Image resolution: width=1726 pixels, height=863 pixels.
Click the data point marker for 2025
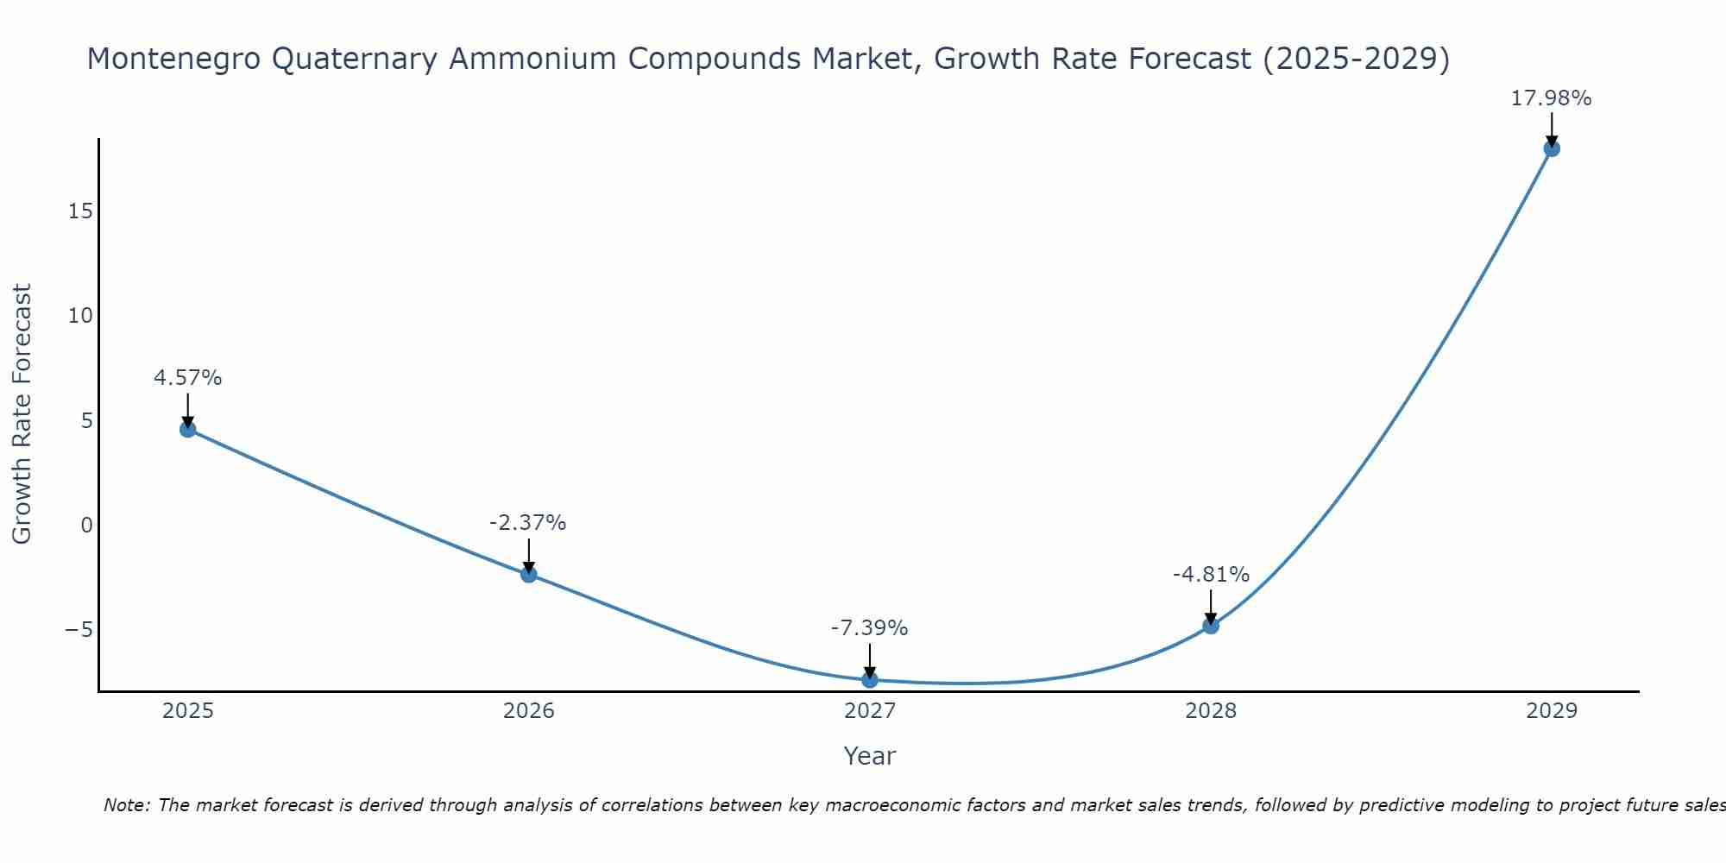pyautogui.click(x=188, y=429)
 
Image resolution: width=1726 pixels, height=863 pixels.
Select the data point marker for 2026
pyautogui.click(x=529, y=574)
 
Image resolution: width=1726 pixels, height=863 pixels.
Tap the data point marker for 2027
pyautogui.click(x=870, y=680)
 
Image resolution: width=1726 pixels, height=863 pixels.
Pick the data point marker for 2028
pyautogui.click(x=1211, y=626)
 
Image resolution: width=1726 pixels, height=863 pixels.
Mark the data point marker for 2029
pyautogui.click(x=1552, y=148)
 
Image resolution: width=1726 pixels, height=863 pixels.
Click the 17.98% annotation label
pyautogui.click(x=1551, y=98)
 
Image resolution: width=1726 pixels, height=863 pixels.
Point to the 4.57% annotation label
pyautogui.click(x=188, y=378)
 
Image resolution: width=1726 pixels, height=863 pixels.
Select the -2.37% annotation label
pyautogui.click(x=528, y=523)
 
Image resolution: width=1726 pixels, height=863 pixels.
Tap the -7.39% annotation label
pyautogui.click(x=869, y=628)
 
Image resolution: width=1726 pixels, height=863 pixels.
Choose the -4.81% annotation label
pyautogui.click(x=1211, y=575)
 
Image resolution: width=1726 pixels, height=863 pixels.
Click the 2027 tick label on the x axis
pyautogui.click(x=870, y=711)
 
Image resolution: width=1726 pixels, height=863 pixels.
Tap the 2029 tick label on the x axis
pyautogui.click(x=1552, y=711)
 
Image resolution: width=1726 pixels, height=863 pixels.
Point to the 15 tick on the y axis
pyautogui.click(x=80, y=211)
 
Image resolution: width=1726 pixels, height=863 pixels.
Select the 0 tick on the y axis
pyautogui.click(x=86, y=525)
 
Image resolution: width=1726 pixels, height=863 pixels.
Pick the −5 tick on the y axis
pyautogui.click(x=79, y=629)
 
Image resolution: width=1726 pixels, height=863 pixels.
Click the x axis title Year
pyautogui.click(x=870, y=756)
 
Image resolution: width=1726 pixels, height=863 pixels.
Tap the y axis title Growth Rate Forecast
pyautogui.click(x=22, y=413)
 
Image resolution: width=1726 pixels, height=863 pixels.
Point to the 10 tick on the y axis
pyautogui.click(x=80, y=316)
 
